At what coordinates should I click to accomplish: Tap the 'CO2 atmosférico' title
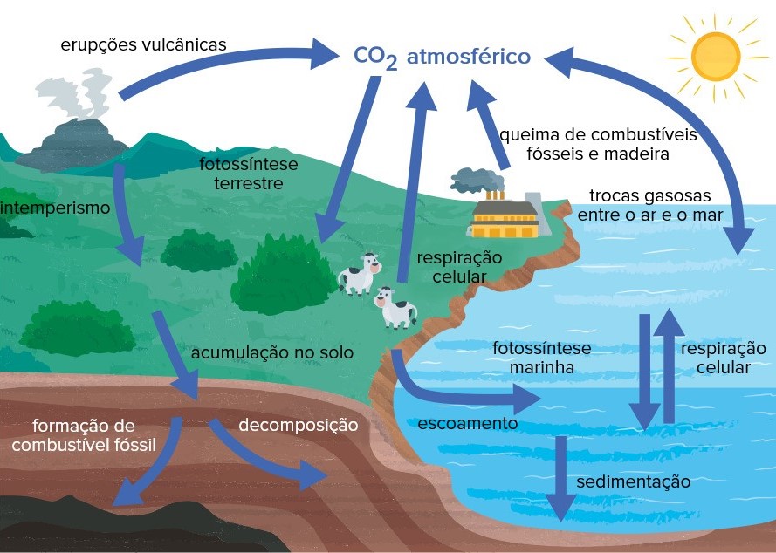[442, 58]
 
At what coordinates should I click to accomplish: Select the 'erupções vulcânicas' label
[144, 44]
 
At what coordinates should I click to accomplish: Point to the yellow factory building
[504, 219]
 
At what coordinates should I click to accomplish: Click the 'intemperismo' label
[56, 208]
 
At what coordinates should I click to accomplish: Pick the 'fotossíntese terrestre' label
[248, 174]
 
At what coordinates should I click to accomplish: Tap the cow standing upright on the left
[360, 274]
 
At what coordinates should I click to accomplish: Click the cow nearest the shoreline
[395, 308]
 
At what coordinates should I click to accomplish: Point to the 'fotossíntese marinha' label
[541, 358]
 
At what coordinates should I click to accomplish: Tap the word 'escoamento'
[468, 423]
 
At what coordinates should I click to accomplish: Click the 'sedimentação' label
[633, 481]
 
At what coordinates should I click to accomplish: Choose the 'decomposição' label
[299, 426]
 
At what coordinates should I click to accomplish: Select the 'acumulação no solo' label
[272, 352]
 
